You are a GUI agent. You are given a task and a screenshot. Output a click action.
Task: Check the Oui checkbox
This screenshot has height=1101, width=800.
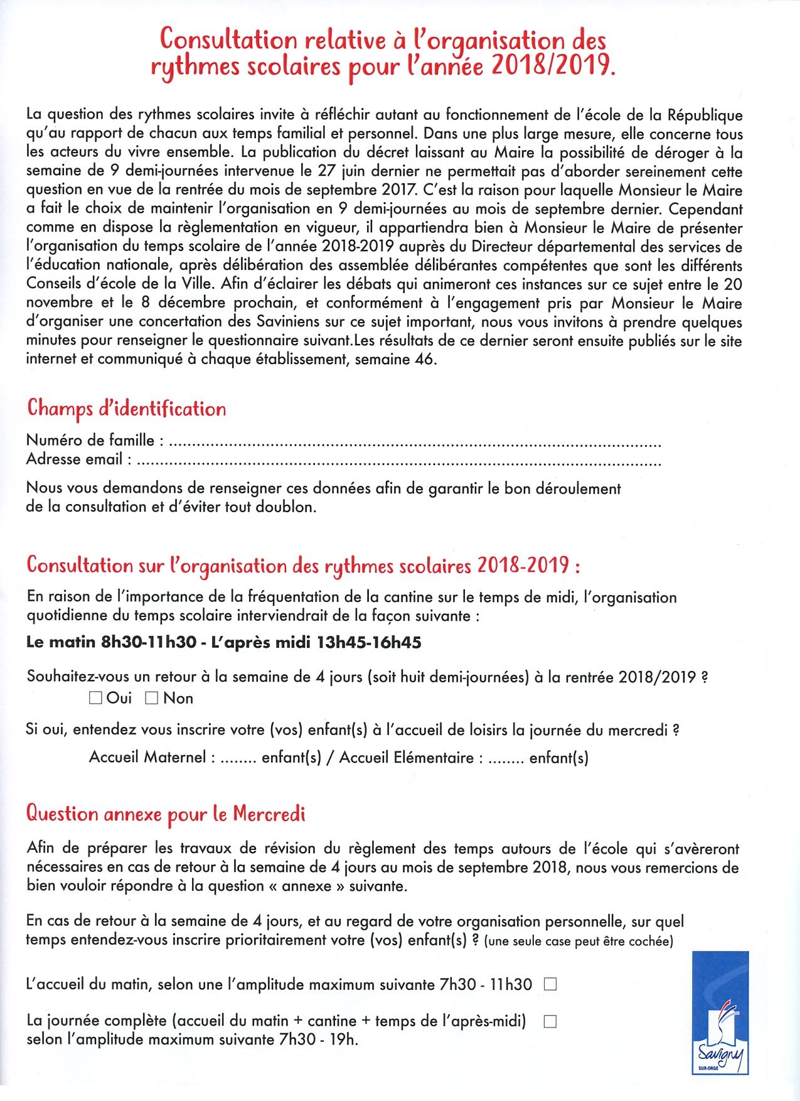pyautogui.click(x=96, y=698)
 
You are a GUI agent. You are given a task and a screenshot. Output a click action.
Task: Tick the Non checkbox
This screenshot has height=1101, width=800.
pyautogui.click(x=151, y=698)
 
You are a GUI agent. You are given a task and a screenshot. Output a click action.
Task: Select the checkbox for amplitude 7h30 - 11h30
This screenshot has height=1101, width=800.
pyautogui.click(x=550, y=984)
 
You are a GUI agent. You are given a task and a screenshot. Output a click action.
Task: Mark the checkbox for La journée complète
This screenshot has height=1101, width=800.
pyautogui.click(x=550, y=1021)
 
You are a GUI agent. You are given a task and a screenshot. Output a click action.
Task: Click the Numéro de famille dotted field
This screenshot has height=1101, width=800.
pyautogui.click(x=414, y=442)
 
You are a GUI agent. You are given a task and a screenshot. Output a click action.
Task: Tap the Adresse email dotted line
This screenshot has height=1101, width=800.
pyautogui.click(x=398, y=461)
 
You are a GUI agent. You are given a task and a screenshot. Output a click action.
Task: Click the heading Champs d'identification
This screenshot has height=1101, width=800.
pyautogui.click(x=126, y=409)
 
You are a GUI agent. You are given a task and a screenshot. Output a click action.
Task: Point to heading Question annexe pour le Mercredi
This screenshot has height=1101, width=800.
pyautogui.click(x=166, y=814)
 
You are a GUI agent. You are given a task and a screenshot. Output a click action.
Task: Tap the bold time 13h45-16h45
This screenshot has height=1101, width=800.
pyautogui.click(x=369, y=642)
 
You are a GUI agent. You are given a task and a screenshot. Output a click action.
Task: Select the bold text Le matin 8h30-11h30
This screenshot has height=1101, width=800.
pyautogui.click(x=111, y=642)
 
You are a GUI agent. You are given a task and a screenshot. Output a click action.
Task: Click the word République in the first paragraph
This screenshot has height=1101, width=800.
pyautogui.click(x=705, y=115)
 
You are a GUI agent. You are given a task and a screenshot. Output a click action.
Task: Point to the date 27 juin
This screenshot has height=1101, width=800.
pyautogui.click(x=349, y=171)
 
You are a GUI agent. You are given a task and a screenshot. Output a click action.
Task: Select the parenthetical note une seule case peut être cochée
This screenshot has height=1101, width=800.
pyautogui.click(x=578, y=941)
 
